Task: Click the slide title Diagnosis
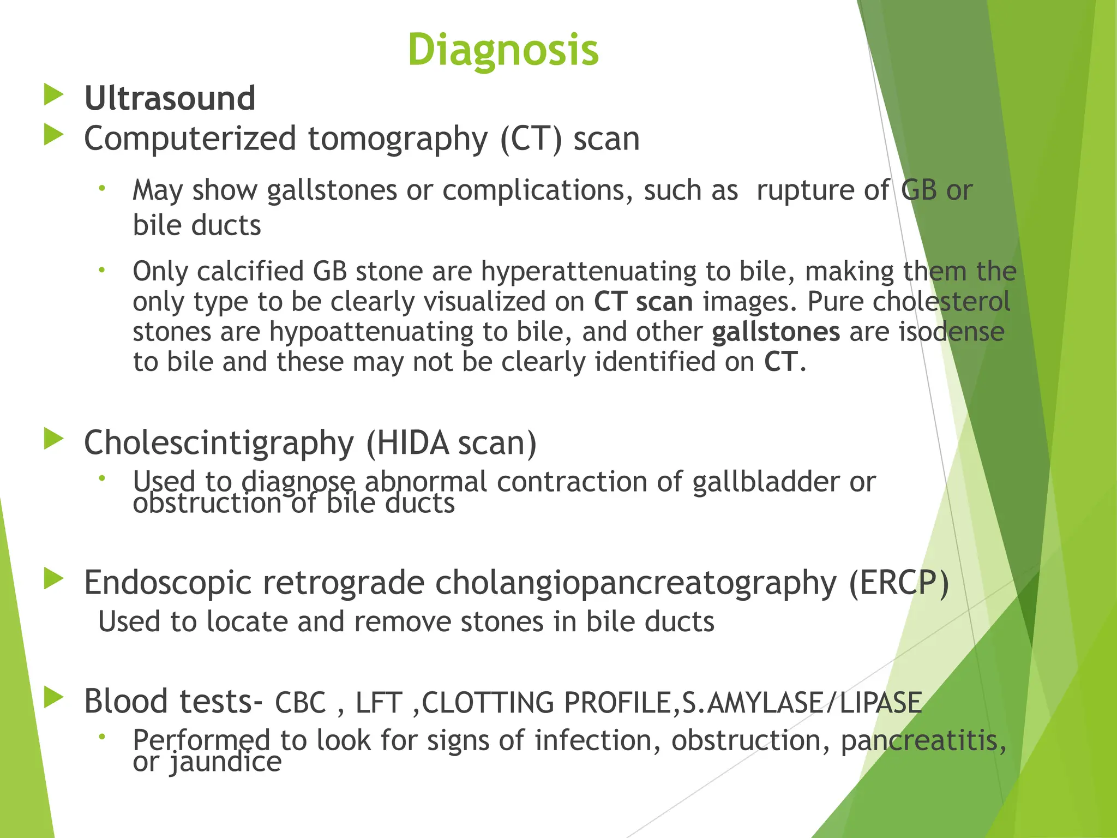(503, 50)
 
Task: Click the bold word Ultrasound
(170, 98)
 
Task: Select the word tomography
(398, 139)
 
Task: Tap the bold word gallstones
(776, 332)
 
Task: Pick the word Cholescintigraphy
(219, 442)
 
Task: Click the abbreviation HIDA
(412, 442)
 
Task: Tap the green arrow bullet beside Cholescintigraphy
(53, 439)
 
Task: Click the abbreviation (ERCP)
(899, 583)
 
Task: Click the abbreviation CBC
(300, 703)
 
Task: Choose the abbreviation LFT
(379, 703)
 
